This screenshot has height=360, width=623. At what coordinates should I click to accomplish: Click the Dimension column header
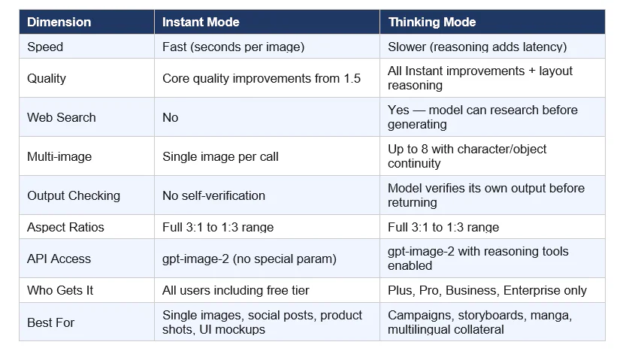(x=59, y=22)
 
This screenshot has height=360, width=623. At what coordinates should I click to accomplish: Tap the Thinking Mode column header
(x=431, y=22)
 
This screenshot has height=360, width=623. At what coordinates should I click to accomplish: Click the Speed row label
(x=45, y=47)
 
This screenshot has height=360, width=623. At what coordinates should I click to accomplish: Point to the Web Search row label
(x=62, y=117)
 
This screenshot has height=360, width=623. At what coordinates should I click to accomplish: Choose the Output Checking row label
(x=74, y=195)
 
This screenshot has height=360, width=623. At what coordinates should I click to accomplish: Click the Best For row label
(x=50, y=322)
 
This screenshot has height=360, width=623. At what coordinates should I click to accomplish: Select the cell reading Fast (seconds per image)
(x=233, y=47)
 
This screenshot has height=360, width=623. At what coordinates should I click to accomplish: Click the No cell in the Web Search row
(x=171, y=117)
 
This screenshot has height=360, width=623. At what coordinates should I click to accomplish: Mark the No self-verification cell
(x=213, y=195)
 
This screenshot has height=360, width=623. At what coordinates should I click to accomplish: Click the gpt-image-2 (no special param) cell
(x=249, y=259)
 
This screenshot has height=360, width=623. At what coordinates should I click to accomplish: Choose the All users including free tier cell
(x=235, y=290)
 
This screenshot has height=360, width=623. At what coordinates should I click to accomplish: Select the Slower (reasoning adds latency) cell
(x=477, y=47)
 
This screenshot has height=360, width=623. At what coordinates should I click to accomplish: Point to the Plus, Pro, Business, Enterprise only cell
(x=487, y=290)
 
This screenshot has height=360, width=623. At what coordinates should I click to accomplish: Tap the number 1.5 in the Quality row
(x=352, y=78)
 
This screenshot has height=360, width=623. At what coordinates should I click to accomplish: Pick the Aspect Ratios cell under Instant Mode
(x=218, y=227)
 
